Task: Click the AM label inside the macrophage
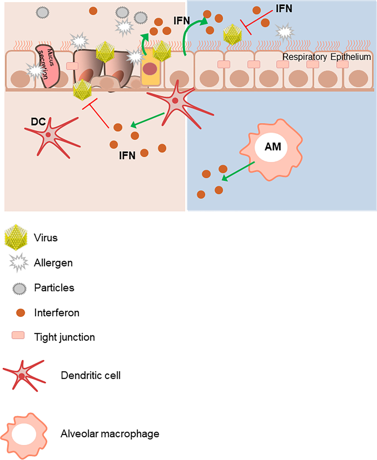click(x=273, y=147)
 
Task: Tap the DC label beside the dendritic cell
click(x=38, y=122)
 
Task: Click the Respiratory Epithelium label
click(x=326, y=57)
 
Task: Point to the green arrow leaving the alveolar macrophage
click(x=238, y=171)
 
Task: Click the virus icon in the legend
click(x=16, y=238)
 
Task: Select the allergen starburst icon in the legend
click(x=18, y=262)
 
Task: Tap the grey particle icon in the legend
click(x=19, y=289)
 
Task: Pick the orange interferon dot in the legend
click(x=21, y=313)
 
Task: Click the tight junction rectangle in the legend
click(x=18, y=335)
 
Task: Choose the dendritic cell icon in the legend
click(x=23, y=375)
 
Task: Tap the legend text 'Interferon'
click(x=57, y=313)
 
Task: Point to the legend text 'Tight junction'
click(x=65, y=337)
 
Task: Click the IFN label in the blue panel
click(x=284, y=9)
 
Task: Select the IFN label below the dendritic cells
click(x=127, y=155)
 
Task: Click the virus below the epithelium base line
click(x=82, y=90)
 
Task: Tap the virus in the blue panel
click(x=232, y=34)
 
